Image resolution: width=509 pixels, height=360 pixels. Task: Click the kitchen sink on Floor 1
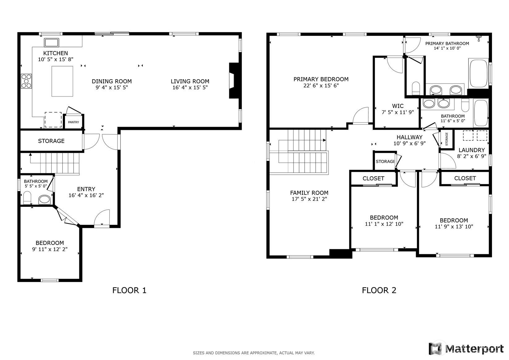tap(51, 43)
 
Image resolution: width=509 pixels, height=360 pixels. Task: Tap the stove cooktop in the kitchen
tap(26, 81)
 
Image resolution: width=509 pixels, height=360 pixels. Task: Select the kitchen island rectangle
tap(62, 81)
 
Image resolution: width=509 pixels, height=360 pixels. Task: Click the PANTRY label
tap(74, 122)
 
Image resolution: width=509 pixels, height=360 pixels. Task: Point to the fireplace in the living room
tap(234, 80)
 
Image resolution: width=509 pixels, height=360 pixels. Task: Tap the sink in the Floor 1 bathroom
tap(45, 199)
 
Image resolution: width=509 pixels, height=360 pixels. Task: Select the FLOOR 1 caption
tap(129, 290)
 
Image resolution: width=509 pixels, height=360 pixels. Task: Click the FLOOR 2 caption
tap(379, 290)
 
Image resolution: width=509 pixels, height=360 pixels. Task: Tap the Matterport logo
tap(466, 349)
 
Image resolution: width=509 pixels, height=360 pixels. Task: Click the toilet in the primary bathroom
tap(416, 88)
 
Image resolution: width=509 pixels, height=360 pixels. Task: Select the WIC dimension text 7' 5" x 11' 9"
tap(398, 112)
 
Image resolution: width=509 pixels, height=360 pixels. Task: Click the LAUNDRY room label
tap(472, 150)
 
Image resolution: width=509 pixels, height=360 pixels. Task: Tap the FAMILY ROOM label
tap(309, 193)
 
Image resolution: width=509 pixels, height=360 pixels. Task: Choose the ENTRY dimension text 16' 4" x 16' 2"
tap(86, 195)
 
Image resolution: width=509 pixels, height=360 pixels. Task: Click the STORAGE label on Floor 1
tap(51, 141)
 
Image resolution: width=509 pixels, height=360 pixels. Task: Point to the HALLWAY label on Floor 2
tap(409, 137)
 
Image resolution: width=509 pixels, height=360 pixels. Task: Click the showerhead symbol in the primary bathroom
tap(479, 38)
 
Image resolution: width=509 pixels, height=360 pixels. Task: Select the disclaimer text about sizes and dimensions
tap(254, 353)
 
